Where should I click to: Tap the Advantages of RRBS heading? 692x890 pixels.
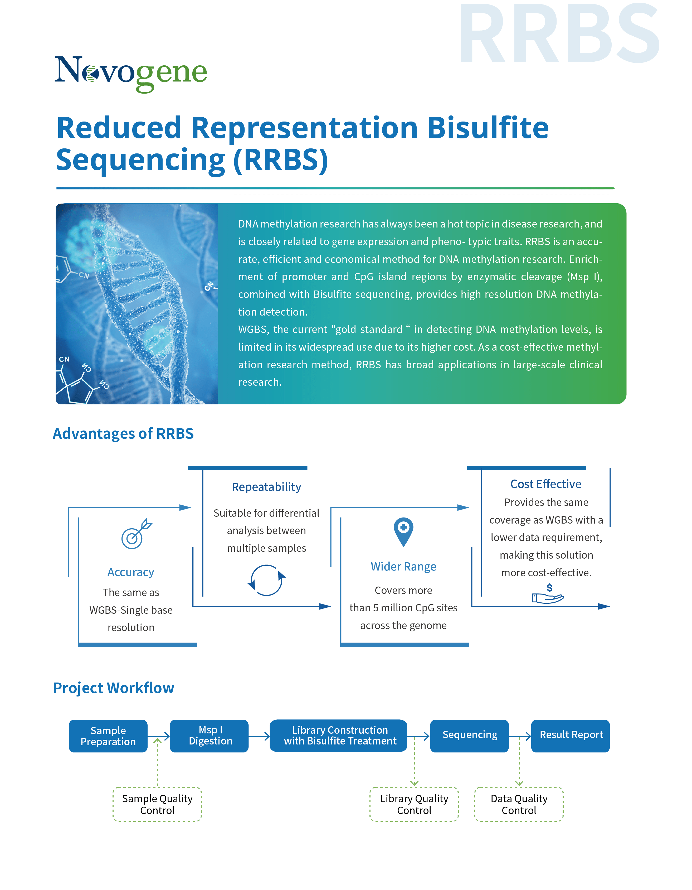(123, 434)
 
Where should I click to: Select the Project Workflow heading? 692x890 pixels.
(114, 688)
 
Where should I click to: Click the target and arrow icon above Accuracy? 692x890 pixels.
(136, 534)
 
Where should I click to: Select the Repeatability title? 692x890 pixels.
(266, 487)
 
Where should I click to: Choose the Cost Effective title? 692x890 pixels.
(546, 484)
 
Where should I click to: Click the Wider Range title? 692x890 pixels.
(403, 567)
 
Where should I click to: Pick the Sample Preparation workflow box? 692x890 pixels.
(108, 736)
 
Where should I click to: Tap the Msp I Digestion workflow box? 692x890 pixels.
(209, 736)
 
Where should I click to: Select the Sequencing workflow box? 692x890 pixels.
(469, 736)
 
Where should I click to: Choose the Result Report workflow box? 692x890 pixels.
(570, 736)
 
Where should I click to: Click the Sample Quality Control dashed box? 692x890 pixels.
(157, 804)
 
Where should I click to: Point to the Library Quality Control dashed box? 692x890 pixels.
(414, 804)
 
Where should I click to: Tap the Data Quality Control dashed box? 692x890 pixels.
(519, 804)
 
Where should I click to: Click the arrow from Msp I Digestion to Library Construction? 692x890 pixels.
(259, 736)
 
